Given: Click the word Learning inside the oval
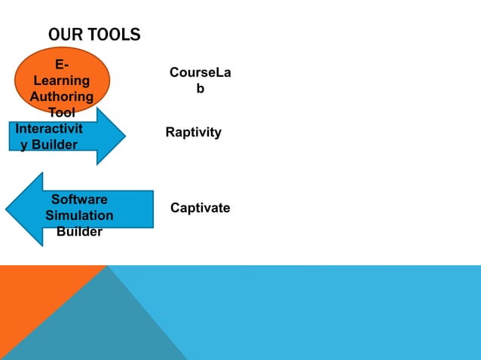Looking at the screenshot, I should [63, 81].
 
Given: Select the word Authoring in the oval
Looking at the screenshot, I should [62, 96].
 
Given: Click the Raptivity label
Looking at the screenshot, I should [193, 133].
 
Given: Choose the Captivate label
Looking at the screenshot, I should [200, 208].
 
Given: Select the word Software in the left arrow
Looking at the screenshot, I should [79, 200].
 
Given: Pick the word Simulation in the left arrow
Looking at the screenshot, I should [79, 215].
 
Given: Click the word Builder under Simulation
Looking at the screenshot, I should [79, 232].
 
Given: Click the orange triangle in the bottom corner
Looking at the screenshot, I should [30, 301].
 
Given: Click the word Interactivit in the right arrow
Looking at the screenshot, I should [49, 128].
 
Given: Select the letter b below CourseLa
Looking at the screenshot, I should [200, 89].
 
